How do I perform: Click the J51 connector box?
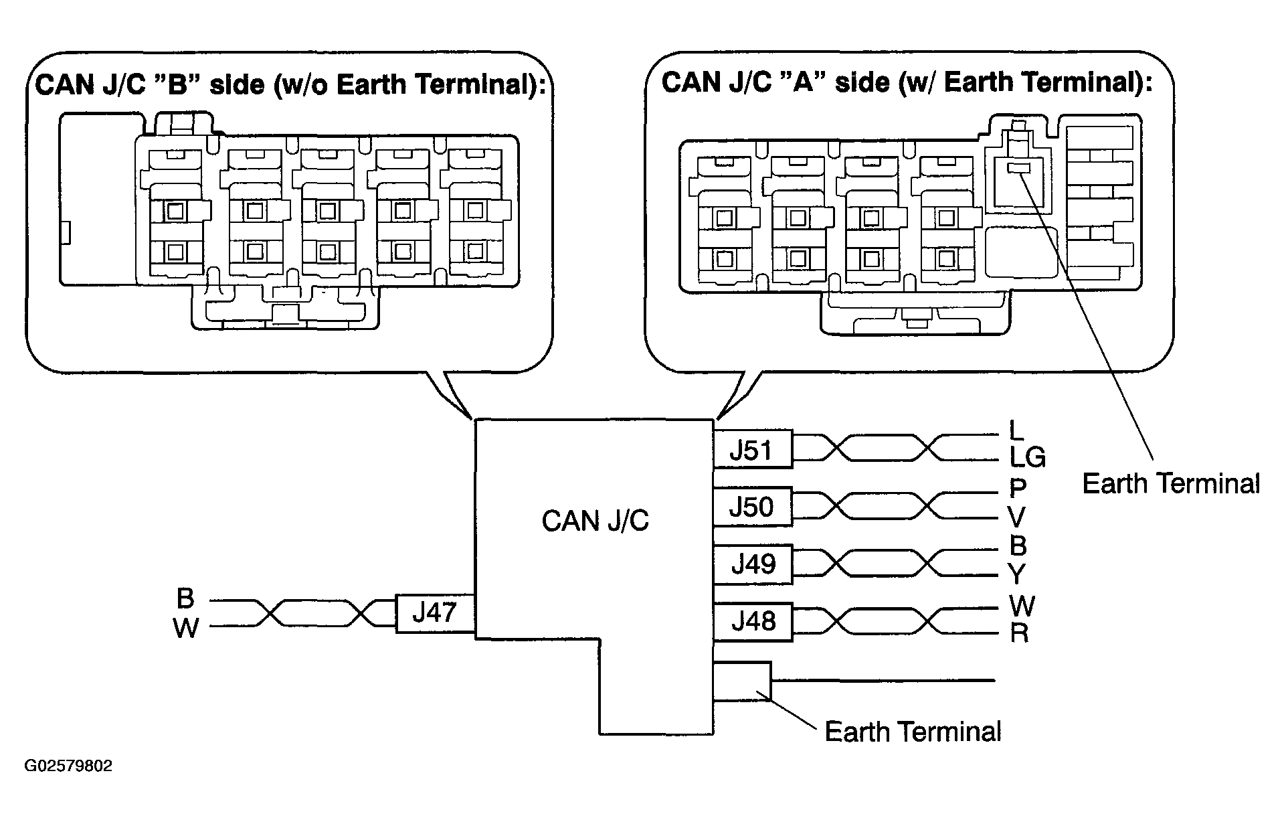tap(753, 448)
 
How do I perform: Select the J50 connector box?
tap(753, 506)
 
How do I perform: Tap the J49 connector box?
tap(753, 564)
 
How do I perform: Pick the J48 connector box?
tap(753, 622)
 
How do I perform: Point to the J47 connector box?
tap(436, 613)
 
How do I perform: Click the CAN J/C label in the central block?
tap(595, 521)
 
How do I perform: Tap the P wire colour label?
tap(1018, 489)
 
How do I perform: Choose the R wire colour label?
tap(1019, 633)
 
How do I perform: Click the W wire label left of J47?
tap(186, 629)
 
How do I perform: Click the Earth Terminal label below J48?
tap(913, 732)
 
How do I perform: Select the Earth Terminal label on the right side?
tap(1171, 483)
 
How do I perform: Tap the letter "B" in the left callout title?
tap(177, 86)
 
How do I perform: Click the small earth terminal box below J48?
tap(743, 681)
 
